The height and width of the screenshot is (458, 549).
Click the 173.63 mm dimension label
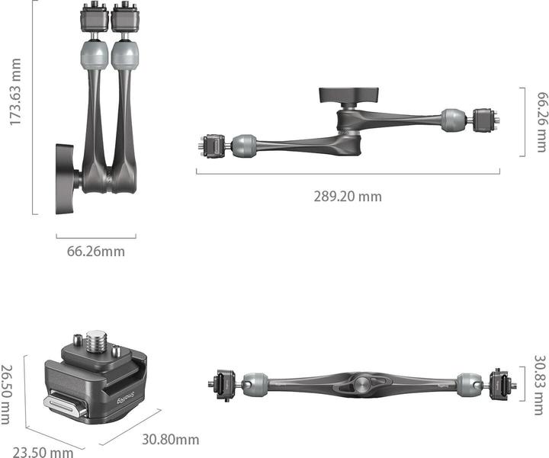coord(15,92)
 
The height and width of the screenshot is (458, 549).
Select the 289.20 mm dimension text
coord(348,197)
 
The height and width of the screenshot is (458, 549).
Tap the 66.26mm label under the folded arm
coord(96,251)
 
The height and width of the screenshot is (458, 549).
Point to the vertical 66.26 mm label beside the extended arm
coord(541,122)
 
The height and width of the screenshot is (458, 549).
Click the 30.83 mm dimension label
coord(540,386)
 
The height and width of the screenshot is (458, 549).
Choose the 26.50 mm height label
coord(7,395)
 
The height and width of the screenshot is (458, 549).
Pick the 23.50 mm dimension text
coord(43,452)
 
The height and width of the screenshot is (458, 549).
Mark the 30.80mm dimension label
coord(171,440)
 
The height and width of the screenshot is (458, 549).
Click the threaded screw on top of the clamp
coord(96,341)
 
